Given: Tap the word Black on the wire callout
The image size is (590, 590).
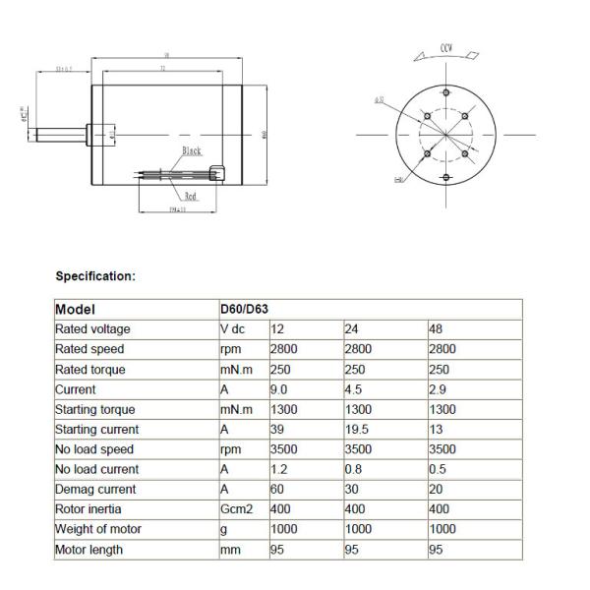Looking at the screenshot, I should point(192,151).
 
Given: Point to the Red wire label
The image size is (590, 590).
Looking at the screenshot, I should point(191,196).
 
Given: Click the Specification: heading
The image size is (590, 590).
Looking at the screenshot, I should point(95,276).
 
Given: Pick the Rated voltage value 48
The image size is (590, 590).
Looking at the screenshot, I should point(437,329).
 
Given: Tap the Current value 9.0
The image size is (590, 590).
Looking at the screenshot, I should point(279,389).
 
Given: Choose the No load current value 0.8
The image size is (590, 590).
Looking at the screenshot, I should point(353,469).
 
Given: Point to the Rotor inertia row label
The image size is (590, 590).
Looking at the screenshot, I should point(89,509).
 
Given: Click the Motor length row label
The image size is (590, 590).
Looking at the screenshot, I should point(89,550).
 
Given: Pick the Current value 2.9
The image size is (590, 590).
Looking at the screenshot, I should point(439,389).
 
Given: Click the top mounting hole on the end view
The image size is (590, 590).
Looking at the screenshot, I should point(445,91).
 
